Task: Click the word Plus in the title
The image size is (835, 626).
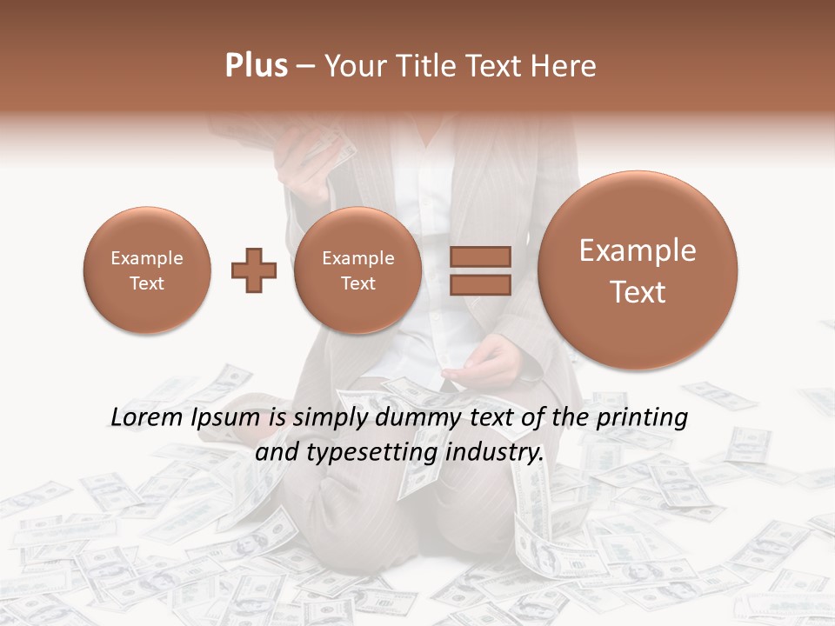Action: tap(256, 66)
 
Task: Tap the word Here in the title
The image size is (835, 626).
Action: tap(565, 66)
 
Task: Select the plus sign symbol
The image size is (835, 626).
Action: tap(254, 270)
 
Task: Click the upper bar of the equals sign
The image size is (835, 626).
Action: tap(480, 256)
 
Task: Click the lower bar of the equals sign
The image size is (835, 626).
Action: tap(480, 284)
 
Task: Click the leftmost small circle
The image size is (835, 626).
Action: tap(147, 270)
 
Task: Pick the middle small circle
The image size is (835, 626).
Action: tap(357, 270)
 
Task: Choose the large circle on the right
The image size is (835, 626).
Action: tap(638, 270)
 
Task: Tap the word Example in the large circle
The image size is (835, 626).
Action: tap(638, 250)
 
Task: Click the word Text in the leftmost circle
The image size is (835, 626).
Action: tap(147, 283)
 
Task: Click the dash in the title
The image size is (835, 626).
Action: tap(305, 67)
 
